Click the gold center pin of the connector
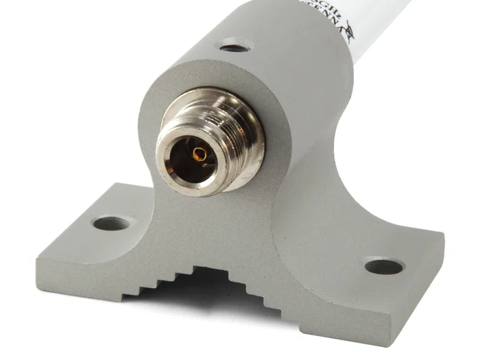pos(200,154)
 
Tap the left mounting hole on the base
pos(111,223)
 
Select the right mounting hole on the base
pos(384,266)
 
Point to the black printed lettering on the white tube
pos(312,10)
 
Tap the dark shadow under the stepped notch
pos(206,295)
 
